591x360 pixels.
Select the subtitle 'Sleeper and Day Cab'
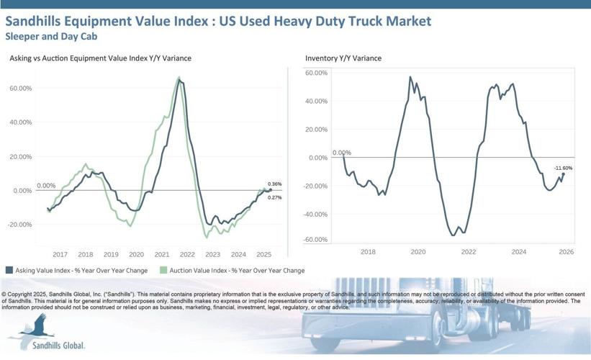[x=51, y=35]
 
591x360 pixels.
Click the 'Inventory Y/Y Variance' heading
[x=343, y=58]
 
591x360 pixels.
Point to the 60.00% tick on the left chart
[x=20, y=88]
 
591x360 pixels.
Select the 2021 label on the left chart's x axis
[x=162, y=254]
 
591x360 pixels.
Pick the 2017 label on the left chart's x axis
[x=60, y=254]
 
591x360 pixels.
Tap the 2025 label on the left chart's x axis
[x=263, y=254]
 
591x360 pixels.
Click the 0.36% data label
[x=274, y=184]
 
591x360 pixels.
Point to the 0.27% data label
[x=274, y=197]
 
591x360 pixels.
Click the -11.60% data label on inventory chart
[x=563, y=168]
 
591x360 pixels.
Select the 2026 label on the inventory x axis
[x=565, y=252]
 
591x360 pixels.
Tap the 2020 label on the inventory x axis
[x=418, y=252]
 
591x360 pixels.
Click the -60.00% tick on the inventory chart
[x=316, y=240]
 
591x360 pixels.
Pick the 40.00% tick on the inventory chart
[x=317, y=102]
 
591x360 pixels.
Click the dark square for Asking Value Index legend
[x=9, y=270]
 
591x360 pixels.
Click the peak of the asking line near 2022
[x=180, y=81]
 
